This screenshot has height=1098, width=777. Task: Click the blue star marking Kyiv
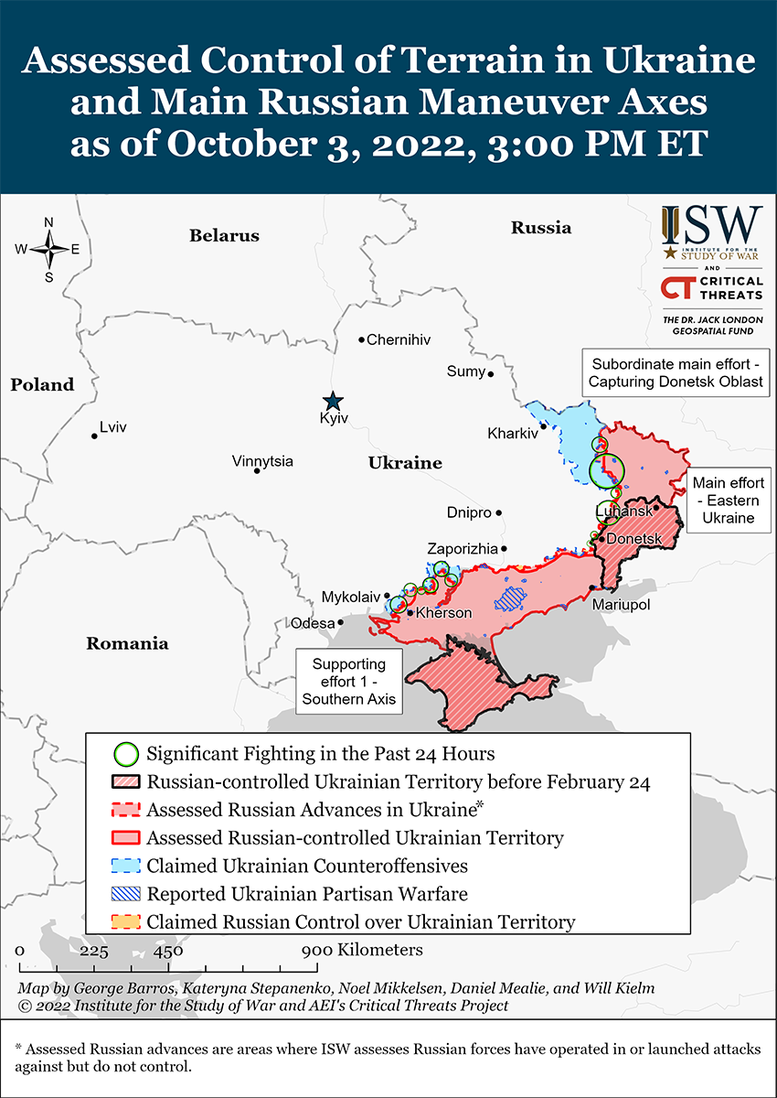pyautogui.click(x=333, y=401)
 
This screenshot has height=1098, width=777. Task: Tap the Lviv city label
pyautogui.click(x=113, y=427)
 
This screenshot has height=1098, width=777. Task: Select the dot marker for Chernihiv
pyautogui.click(x=362, y=339)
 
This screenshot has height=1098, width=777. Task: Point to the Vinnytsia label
pyautogui.click(x=262, y=461)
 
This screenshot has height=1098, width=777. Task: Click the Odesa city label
pyautogui.click(x=312, y=623)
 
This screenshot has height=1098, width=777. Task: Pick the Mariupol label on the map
pyautogui.click(x=621, y=605)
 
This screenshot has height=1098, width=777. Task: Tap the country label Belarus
pyautogui.click(x=224, y=235)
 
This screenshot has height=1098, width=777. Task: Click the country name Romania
pyautogui.click(x=127, y=643)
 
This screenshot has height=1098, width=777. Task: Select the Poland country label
pyautogui.click(x=42, y=384)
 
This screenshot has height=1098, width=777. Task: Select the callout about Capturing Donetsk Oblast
pyautogui.click(x=676, y=371)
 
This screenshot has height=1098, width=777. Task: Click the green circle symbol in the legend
pyautogui.click(x=126, y=755)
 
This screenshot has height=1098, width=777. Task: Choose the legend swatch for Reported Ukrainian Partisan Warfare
pyautogui.click(x=126, y=893)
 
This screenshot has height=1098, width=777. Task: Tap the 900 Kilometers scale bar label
pyautogui.click(x=363, y=950)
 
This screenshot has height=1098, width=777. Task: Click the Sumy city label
pyautogui.click(x=465, y=371)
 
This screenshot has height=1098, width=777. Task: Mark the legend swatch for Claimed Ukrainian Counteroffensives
pyautogui.click(x=126, y=866)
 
